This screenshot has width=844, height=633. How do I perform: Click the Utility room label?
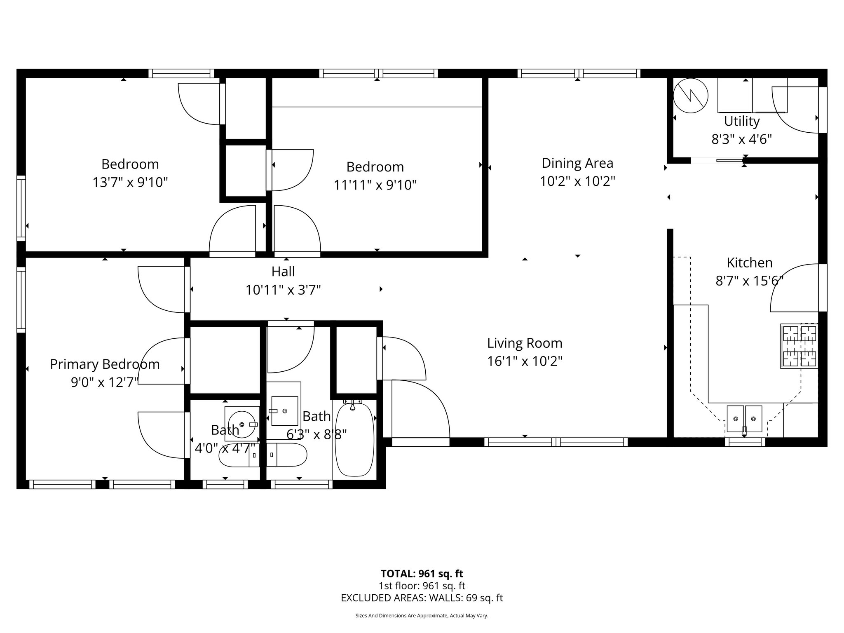point(742,121)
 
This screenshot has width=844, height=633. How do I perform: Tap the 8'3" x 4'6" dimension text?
point(741,139)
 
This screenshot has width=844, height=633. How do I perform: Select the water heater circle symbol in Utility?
point(691,96)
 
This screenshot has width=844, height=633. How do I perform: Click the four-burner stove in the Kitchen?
point(799,346)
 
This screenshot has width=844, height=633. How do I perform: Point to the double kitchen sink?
point(744,419)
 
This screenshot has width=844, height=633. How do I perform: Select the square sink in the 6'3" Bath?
point(284,411)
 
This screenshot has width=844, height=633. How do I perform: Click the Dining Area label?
point(577,163)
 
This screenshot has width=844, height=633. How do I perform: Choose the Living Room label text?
point(524,343)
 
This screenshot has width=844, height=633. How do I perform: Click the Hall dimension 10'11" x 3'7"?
point(283,290)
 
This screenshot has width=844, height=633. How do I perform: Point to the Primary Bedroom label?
point(105,364)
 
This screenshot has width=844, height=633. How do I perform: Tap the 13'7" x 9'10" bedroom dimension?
point(130,182)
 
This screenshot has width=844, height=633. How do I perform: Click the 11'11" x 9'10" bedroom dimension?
point(375,185)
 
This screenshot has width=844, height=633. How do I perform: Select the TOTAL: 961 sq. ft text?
point(422,574)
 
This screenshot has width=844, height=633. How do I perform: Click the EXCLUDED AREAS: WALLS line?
point(422,598)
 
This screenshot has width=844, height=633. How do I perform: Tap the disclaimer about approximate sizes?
point(422,616)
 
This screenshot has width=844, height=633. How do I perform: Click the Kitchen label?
point(749,263)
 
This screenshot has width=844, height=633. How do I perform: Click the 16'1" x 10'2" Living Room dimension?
point(524,361)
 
